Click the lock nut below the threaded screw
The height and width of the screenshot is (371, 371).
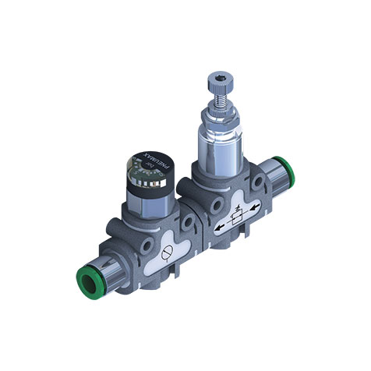tap(219, 117)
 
